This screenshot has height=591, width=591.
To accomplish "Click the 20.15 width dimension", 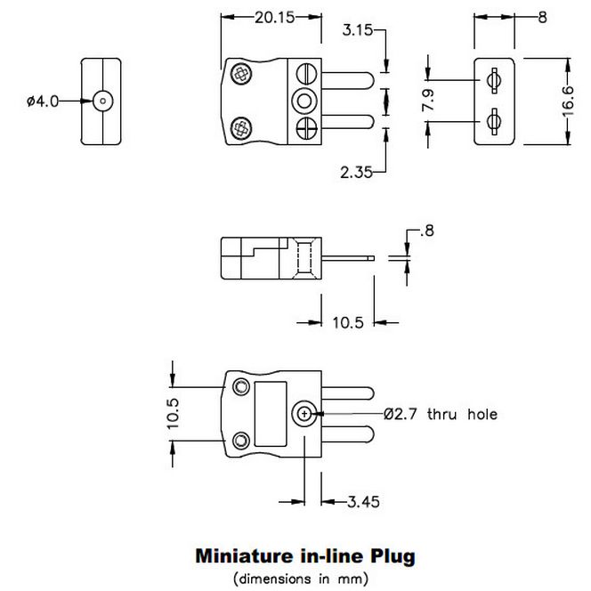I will tap(259, 17).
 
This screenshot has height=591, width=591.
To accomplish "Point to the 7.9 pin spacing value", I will tap(428, 100).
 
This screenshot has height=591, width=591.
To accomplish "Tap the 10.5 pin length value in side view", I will tap(347, 323).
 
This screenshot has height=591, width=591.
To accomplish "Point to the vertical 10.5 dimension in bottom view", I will tap(173, 413).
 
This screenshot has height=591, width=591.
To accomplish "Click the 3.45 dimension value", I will tap(364, 502).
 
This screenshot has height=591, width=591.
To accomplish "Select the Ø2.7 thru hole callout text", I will tap(441, 413).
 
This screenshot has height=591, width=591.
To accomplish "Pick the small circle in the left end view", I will tap(104, 101).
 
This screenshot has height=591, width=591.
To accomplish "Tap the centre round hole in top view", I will tap(305, 100).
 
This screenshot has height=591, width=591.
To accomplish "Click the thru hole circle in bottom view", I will tap(305, 412).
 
